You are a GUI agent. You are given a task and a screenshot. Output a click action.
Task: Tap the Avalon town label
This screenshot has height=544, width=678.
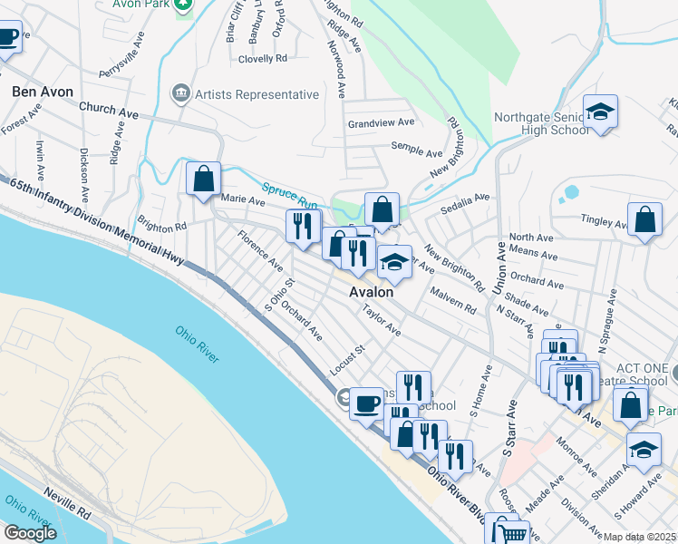pos(373,293)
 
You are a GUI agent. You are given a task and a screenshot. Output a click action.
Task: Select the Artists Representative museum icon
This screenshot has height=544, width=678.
pos(180,94)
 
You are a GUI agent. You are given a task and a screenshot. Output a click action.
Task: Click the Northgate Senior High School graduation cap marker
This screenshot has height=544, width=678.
pos(600,112)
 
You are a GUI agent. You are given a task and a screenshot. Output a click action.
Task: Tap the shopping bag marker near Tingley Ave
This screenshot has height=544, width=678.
pos(644,220)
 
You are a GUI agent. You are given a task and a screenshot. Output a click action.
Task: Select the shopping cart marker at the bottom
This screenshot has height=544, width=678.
pos(505,530)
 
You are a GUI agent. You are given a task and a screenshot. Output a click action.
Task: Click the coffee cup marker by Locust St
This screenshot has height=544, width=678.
pos(367,402)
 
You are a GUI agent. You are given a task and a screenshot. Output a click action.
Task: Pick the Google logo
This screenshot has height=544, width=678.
pos(30,533)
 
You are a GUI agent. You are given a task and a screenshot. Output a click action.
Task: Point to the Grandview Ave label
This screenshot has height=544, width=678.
pos(381,122)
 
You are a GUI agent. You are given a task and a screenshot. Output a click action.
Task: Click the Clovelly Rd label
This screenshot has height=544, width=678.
pos(262,58)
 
